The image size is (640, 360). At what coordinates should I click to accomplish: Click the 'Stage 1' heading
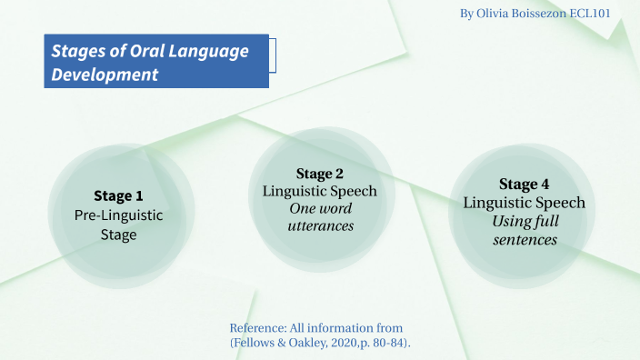pos(118,195)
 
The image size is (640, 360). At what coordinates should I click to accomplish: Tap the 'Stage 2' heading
pos(320,174)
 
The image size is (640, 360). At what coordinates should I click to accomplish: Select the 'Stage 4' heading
pos(524,185)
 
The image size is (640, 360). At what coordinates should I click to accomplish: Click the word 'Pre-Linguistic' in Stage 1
pos(118,215)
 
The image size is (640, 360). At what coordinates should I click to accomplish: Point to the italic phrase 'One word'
pos(320,209)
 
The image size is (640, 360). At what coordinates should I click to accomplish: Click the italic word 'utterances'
pos(320,226)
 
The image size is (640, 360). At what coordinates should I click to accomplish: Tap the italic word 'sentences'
pos(525,240)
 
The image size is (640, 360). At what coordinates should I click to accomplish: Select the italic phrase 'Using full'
pos(525,221)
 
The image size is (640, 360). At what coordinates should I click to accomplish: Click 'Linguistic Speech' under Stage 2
pos(320,191)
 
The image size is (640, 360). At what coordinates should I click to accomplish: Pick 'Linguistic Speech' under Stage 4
pos(524,203)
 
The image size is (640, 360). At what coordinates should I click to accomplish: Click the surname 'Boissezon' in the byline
pos(551,15)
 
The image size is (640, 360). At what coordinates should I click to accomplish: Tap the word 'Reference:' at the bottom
pos(259,327)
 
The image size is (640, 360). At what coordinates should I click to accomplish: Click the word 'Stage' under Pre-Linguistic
pos(118,235)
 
